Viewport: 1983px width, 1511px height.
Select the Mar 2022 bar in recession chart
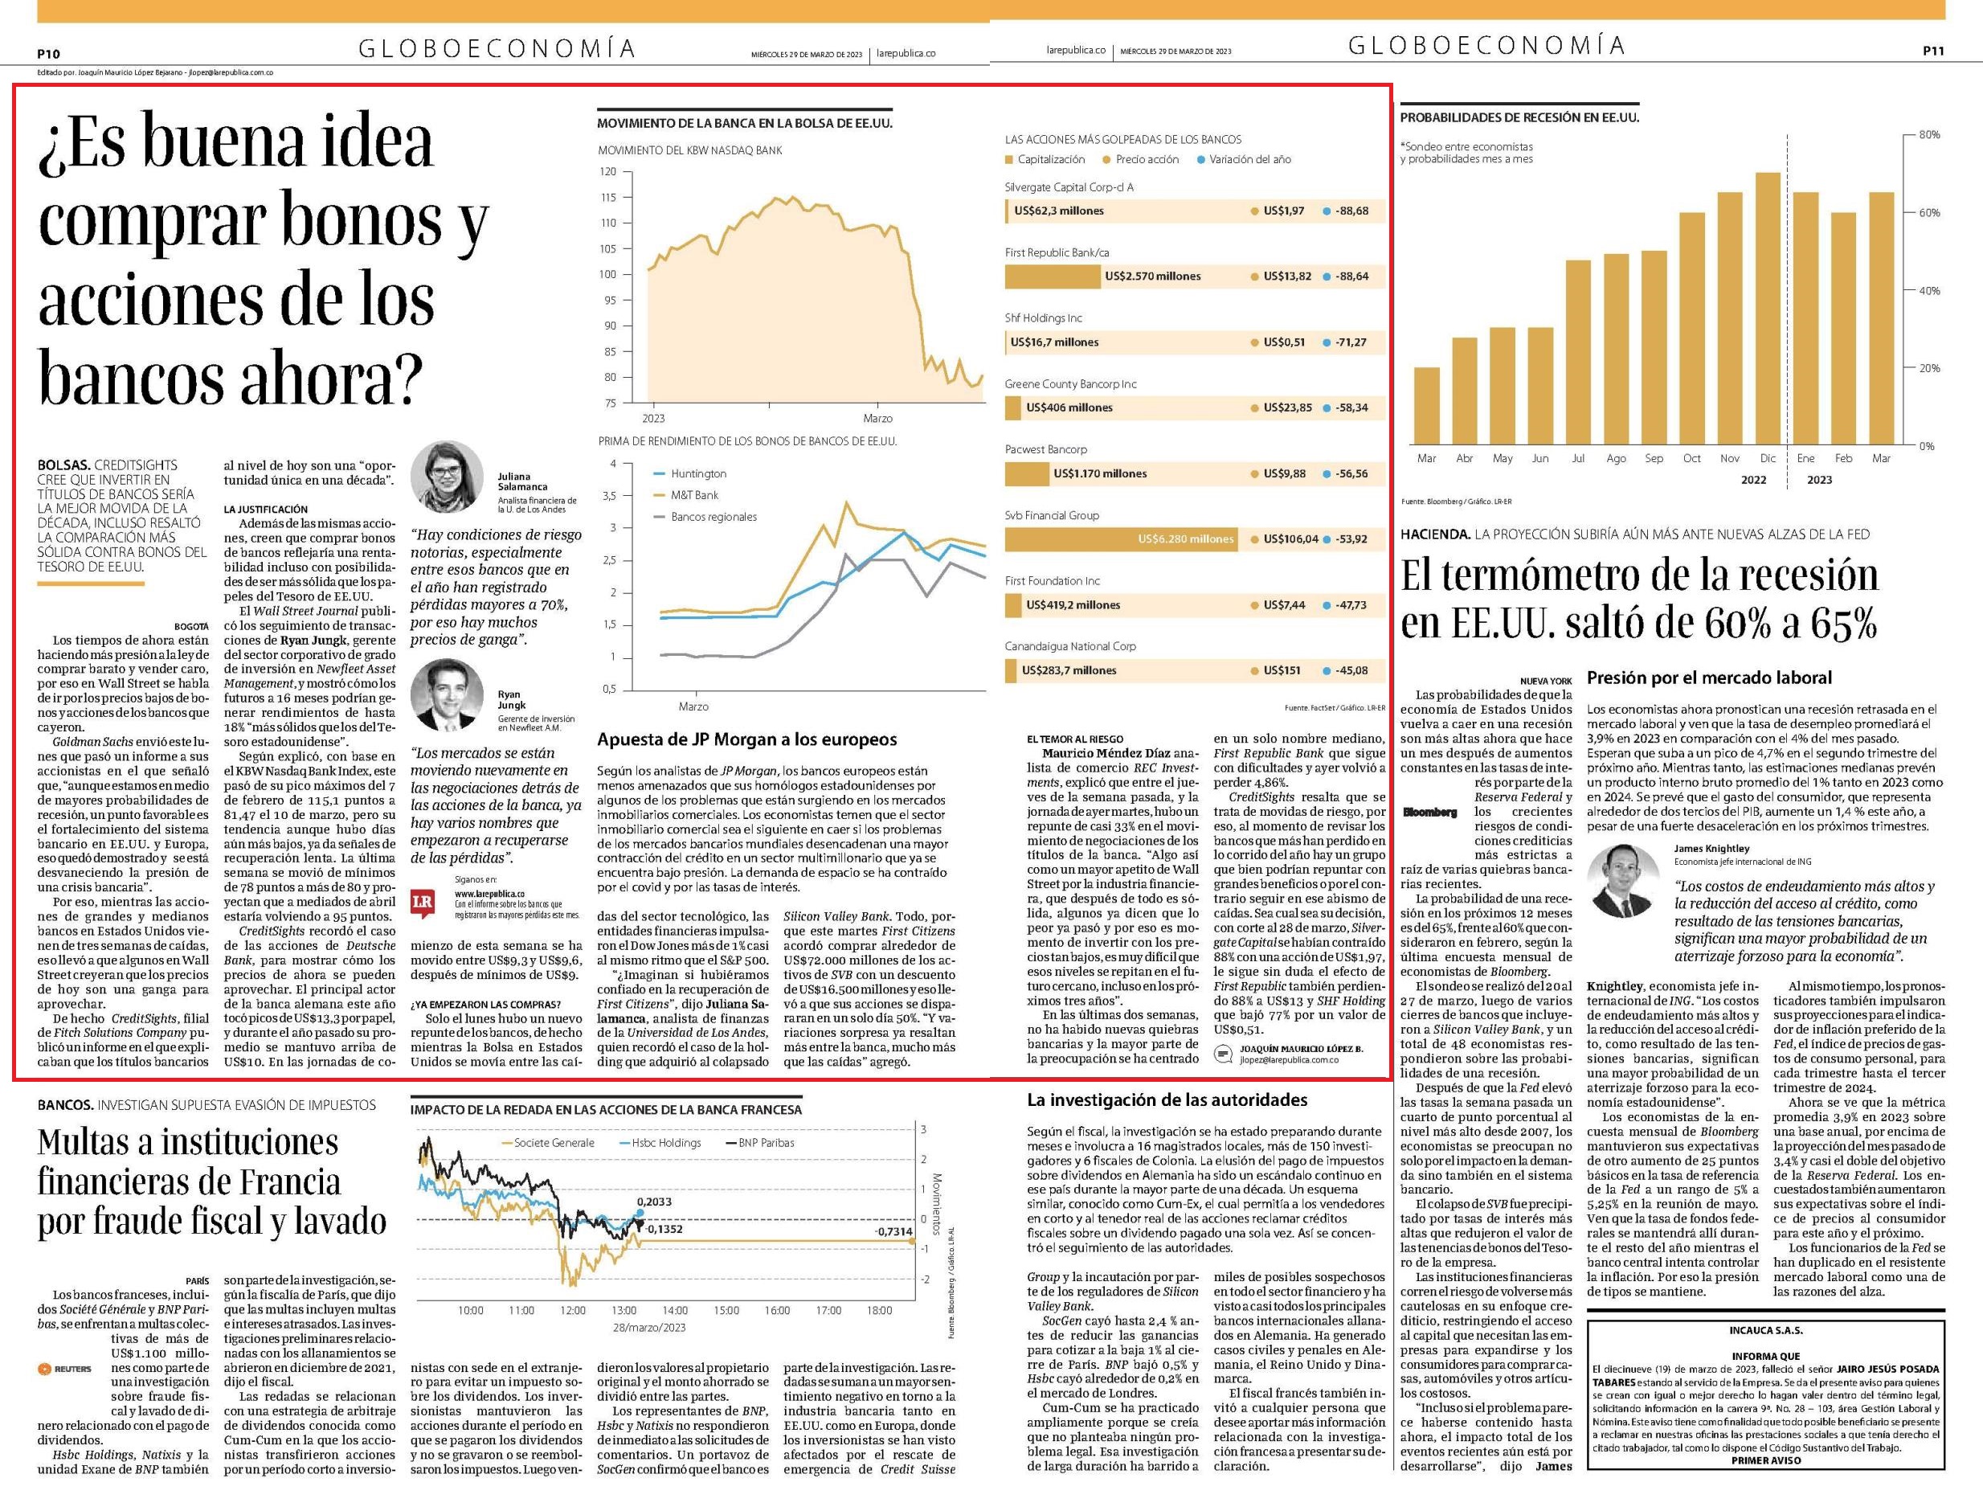[x=1426, y=407]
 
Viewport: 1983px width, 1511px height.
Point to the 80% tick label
[x=1930, y=135]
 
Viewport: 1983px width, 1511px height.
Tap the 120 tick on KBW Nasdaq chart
[x=608, y=172]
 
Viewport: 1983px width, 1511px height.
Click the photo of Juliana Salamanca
[x=447, y=477]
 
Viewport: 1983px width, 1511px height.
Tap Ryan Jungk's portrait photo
[x=447, y=695]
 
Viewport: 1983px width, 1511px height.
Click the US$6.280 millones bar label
[x=1185, y=539]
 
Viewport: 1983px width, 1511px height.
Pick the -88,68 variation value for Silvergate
[x=1352, y=211]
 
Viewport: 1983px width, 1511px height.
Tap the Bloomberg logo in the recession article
[x=1430, y=812]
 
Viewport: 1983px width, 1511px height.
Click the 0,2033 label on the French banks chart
[x=653, y=1202]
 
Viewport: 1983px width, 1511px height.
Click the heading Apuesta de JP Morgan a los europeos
[x=747, y=739]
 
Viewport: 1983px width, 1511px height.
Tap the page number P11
[x=1932, y=51]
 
